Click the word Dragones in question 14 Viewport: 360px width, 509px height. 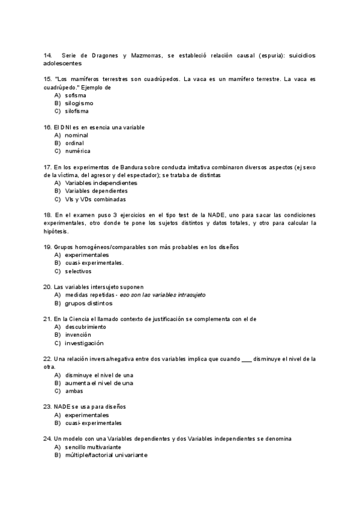coord(104,55)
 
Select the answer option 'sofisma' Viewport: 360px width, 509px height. coord(76,95)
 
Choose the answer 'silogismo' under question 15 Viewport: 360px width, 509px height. coord(79,103)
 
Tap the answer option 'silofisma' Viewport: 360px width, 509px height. coord(77,110)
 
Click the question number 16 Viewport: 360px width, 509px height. coord(47,127)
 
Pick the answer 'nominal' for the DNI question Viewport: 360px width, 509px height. coord(77,135)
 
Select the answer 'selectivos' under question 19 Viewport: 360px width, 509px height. coord(79,271)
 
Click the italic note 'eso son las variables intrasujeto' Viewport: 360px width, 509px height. coord(163,295)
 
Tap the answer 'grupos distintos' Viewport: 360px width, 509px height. coord(89,303)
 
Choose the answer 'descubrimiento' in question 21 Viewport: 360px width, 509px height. coord(86,327)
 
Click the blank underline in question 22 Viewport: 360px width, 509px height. coord(247,359)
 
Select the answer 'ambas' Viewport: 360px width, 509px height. coord(74,391)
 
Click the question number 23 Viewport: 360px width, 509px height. coord(47,406)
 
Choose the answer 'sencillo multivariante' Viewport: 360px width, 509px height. coord(93,447)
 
